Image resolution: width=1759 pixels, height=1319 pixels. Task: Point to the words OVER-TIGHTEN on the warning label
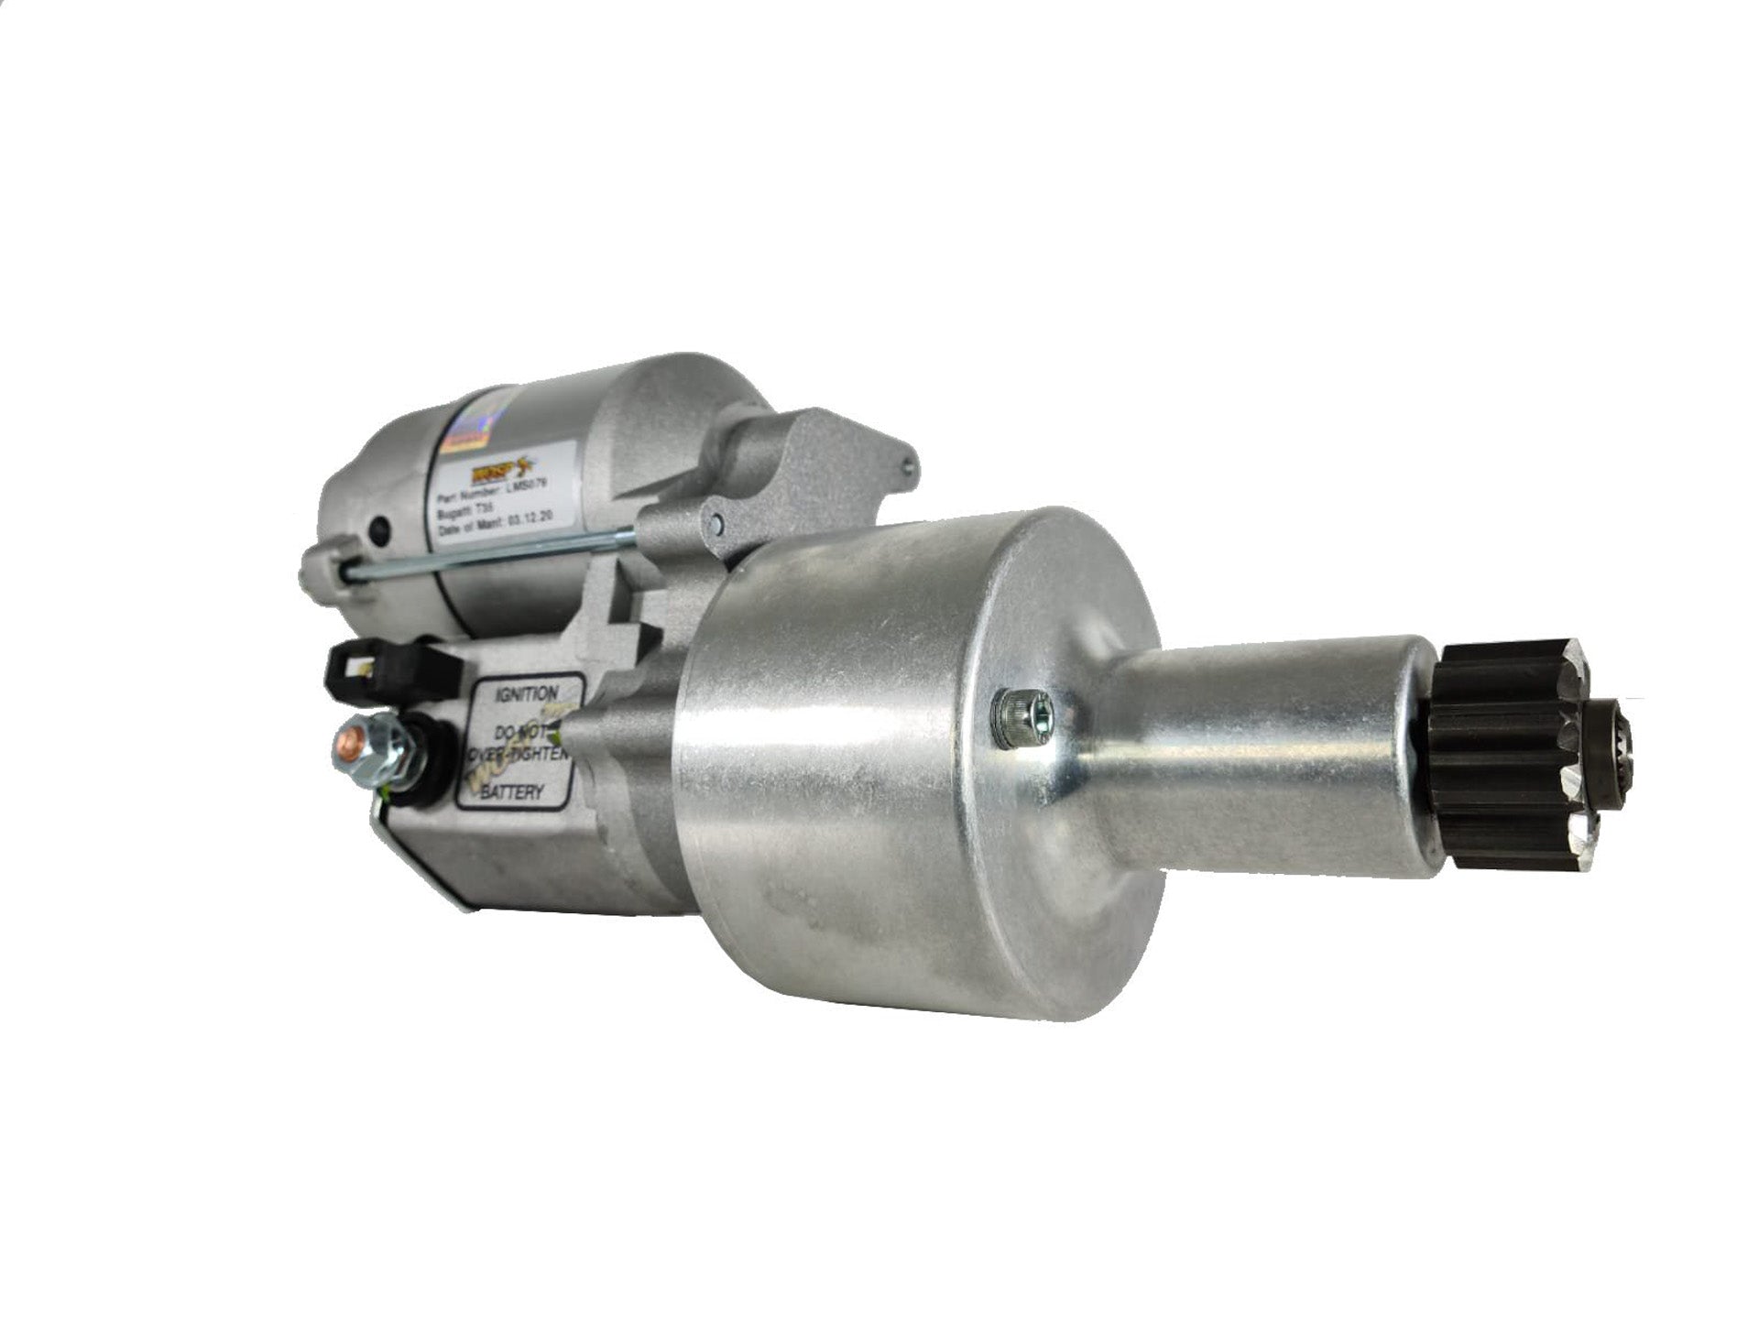tap(520, 753)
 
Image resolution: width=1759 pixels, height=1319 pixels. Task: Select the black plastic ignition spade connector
tap(385, 668)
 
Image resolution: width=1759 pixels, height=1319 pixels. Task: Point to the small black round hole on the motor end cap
tap(377, 529)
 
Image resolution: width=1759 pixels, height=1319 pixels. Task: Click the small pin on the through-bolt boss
tap(717, 523)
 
